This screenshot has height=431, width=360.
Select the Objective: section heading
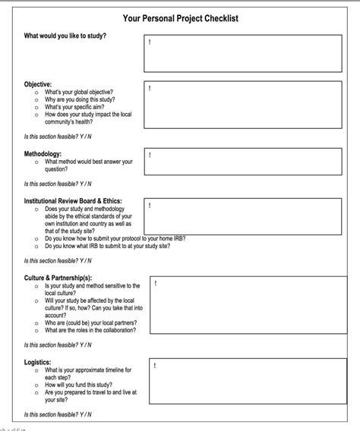coord(38,83)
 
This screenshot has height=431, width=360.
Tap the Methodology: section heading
coord(43,153)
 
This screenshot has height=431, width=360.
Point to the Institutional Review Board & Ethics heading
coord(73,201)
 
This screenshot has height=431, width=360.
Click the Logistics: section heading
coord(39,362)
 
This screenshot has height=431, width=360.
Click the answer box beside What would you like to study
coord(243,52)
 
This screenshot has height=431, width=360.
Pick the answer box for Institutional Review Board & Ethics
coord(243,216)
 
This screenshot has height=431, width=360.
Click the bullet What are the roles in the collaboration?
coord(90,330)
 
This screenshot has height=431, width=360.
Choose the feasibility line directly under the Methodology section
coord(58,183)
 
